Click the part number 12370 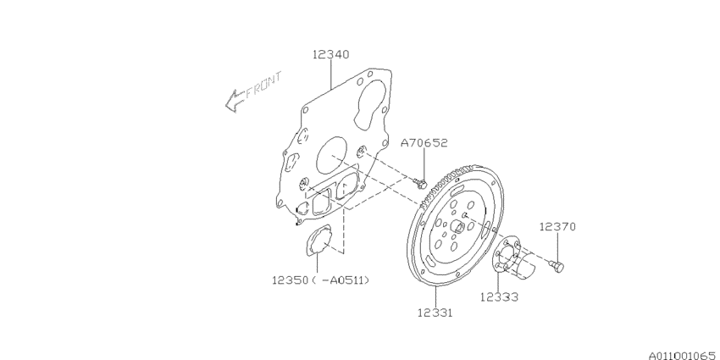click(557, 227)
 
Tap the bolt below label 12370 click(557, 268)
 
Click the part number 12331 click(434, 313)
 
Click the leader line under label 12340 click(329, 75)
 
